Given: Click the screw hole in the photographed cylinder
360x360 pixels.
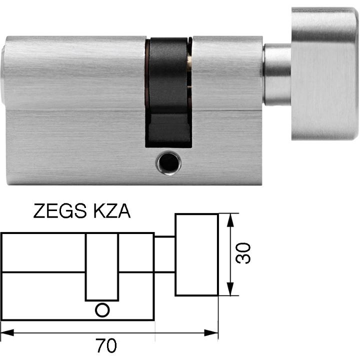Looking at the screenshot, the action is [169, 163].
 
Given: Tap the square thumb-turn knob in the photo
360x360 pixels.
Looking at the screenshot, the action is [324, 73].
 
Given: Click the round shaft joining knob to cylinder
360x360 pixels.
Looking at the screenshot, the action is [277, 75].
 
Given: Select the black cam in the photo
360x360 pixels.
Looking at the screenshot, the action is [168, 92].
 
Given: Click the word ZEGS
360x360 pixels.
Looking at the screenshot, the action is [60, 211].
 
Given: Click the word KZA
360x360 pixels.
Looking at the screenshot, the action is [112, 211].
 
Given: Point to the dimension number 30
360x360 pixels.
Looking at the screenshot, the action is [243, 253].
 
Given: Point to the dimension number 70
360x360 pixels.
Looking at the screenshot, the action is [106, 345].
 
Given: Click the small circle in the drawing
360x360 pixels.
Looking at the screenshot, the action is [102, 310].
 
